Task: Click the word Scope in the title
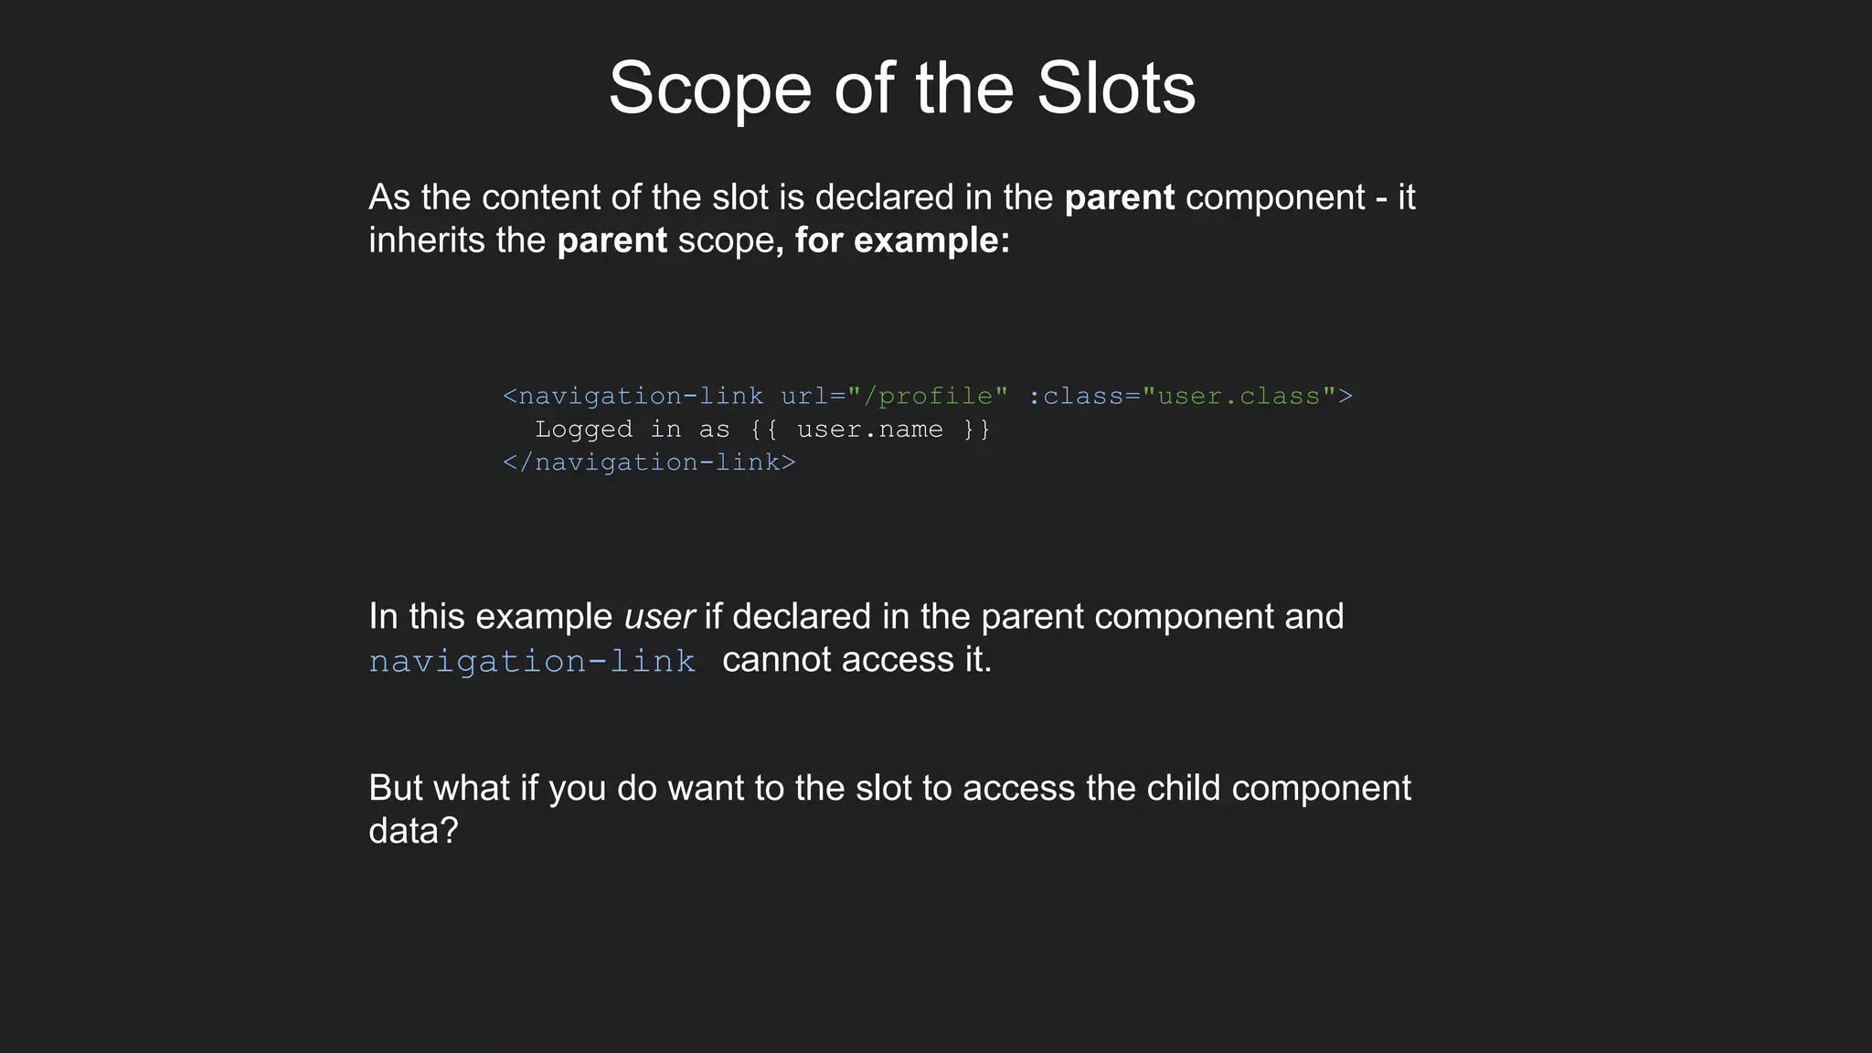[710, 90]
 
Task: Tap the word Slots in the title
[1116, 90]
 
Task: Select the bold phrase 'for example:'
[902, 240]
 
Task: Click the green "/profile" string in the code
[928, 396]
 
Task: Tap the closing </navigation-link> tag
[649, 463]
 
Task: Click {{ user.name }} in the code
[870, 430]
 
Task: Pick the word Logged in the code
[583, 430]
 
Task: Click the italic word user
[659, 617]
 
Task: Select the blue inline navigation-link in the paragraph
[532, 661]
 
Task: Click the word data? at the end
[413, 831]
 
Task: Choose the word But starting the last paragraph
[395, 788]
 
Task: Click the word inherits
[426, 240]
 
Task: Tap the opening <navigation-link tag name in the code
[633, 396]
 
